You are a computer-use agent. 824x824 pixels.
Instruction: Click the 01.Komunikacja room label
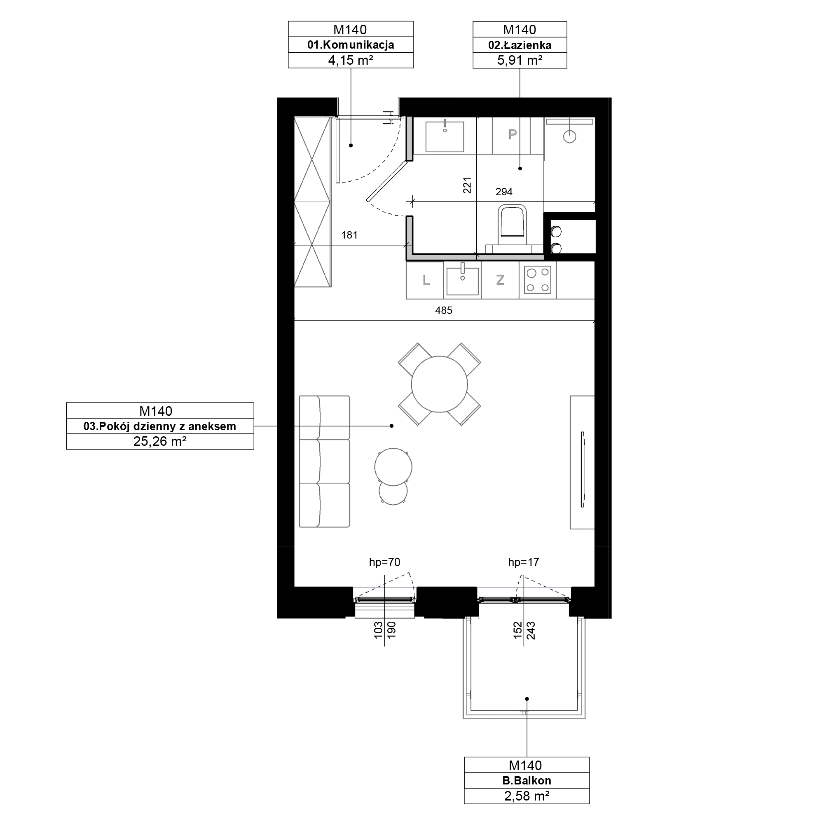[351, 45]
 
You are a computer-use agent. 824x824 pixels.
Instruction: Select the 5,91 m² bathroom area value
[520, 60]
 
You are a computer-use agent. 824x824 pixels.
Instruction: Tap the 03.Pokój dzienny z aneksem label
[159, 426]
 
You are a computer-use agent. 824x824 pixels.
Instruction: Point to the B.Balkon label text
[527, 780]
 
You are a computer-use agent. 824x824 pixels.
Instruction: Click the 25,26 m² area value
[160, 441]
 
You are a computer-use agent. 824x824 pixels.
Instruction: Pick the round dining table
[439, 384]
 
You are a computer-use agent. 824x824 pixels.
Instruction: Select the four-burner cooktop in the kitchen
[537, 280]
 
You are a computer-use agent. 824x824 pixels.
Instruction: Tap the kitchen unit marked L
[426, 280]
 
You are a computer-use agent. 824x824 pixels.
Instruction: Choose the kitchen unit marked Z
[500, 280]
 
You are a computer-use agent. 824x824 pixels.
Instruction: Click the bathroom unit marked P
[512, 135]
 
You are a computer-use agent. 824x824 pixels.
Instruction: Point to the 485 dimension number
[444, 311]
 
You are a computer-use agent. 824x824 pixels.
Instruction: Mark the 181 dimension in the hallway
[349, 235]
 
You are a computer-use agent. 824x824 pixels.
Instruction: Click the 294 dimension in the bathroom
[504, 192]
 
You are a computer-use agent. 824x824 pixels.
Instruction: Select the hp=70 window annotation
[385, 562]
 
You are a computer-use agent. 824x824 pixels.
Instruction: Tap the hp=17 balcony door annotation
[523, 562]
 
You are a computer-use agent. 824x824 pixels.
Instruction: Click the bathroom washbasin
[445, 136]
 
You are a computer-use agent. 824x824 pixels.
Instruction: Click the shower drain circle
[570, 137]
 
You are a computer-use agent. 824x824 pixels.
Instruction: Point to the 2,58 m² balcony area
[527, 796]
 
